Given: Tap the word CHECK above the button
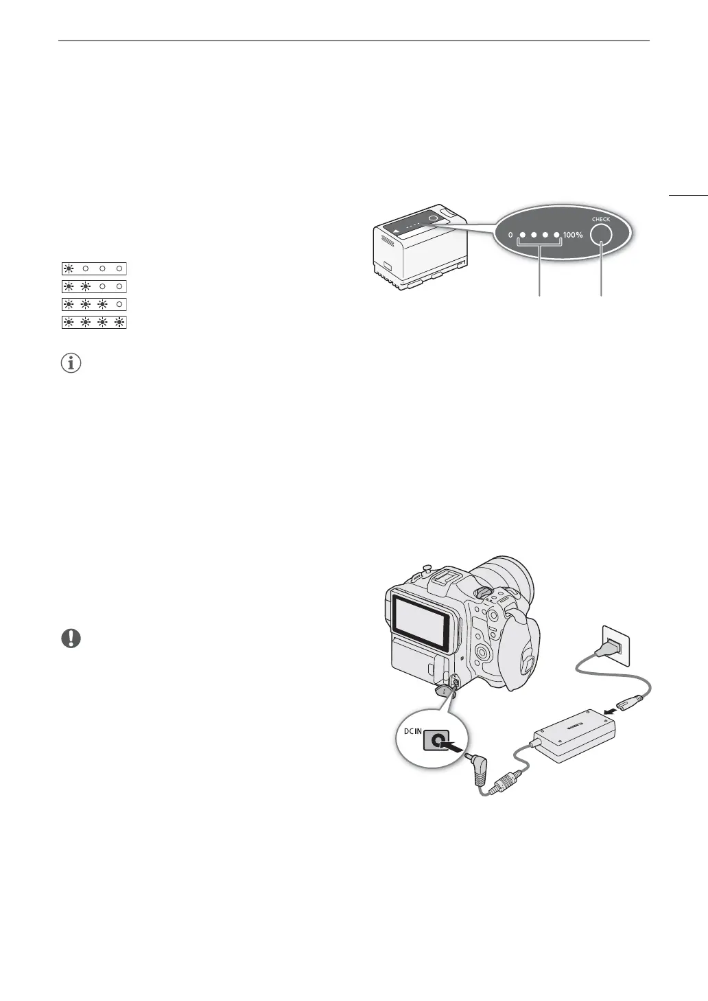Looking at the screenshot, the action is (601, 220).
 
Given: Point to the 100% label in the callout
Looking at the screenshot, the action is (573, 235).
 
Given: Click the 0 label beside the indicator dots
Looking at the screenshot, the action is (510, 235).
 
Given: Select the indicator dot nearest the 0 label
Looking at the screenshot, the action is (522, 235).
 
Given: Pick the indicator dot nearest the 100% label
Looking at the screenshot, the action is (556, 235).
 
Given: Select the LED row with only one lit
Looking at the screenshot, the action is (95, 268).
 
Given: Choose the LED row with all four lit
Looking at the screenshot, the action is (95, 321).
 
